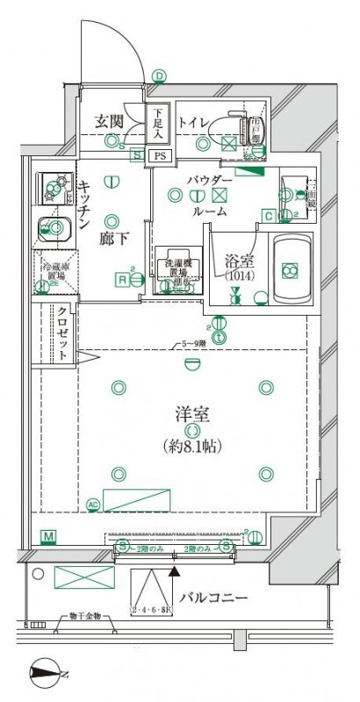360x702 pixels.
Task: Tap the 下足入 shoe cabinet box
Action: [x=157, y=124]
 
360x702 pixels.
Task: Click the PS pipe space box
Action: [x=159, y=155]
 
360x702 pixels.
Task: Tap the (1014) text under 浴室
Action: [x=236, y=276]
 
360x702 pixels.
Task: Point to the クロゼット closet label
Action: [x=63, y=333]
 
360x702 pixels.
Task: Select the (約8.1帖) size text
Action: [x=192, y=447]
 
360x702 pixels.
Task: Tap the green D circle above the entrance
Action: [x=159, y=76]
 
